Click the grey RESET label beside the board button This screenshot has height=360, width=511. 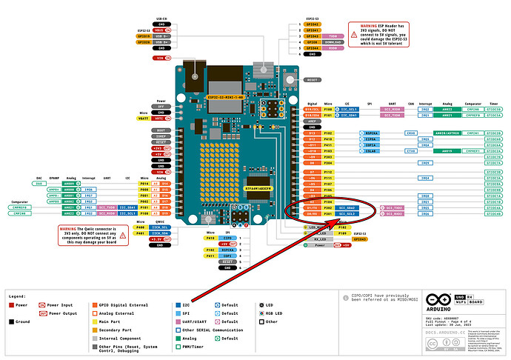[x=312, y=79]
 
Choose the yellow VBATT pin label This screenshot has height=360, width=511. [x=144, y=118]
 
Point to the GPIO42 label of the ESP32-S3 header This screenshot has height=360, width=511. [x=313, y=24]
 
